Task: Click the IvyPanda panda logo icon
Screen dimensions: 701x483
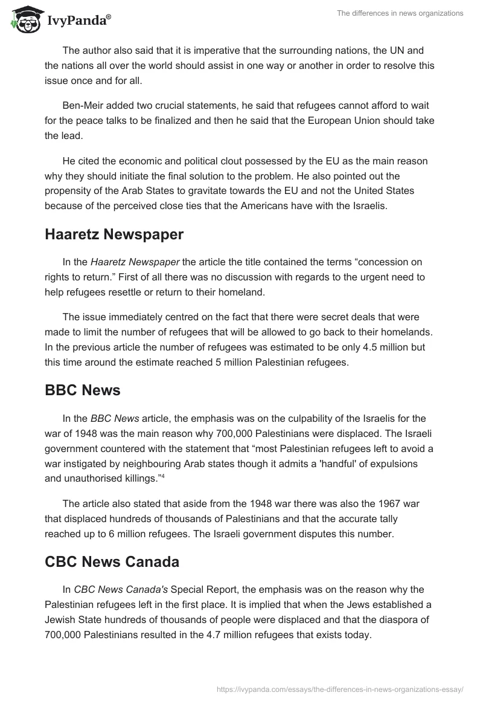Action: [x=24, y=19]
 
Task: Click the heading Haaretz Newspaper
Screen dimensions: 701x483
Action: [x=114, y=235]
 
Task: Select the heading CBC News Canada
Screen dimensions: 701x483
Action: [x=112, y=561]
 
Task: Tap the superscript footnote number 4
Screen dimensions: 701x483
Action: [x=162, y=476]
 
